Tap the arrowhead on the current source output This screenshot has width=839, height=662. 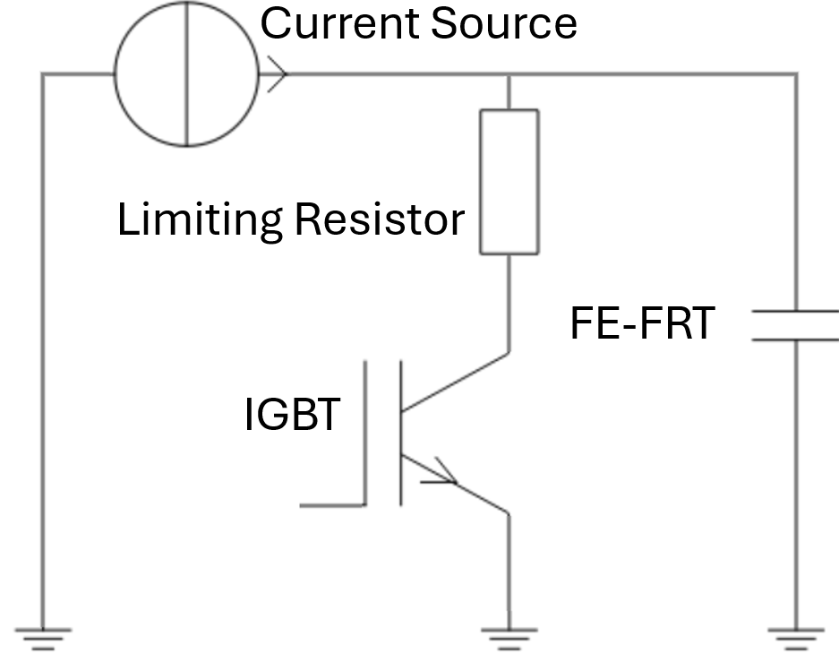[273, 75]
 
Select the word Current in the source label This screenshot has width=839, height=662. [341, 24]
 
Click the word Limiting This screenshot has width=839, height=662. [200, 220]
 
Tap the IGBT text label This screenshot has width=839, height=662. [292, 416]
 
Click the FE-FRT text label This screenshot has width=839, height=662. [642, 323]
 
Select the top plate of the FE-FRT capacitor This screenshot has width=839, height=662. [795, 312]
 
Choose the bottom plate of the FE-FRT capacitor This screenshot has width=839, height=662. [795, 340]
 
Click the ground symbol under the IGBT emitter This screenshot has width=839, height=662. [509, 638]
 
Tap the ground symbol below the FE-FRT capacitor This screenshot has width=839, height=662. [796, 638]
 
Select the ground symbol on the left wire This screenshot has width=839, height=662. [43, 638]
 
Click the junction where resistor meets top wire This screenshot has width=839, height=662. [509, 75]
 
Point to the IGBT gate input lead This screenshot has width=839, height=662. [332, 505]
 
